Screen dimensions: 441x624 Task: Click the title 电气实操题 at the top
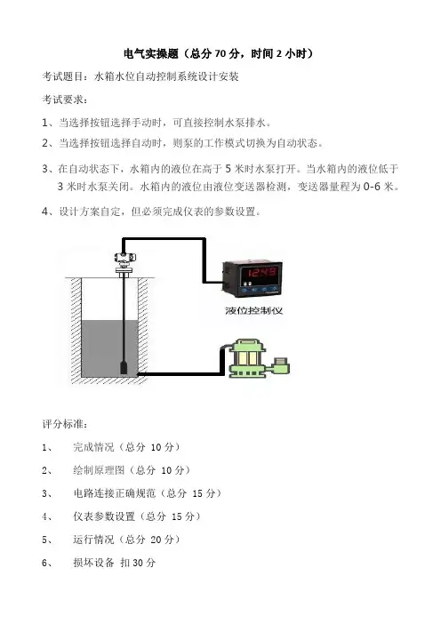151,53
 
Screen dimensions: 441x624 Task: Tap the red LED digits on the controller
261,273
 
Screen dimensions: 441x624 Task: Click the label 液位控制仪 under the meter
254,310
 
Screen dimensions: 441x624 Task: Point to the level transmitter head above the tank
124,257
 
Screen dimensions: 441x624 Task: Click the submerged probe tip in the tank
124,367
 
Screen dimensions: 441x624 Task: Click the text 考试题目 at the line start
63,76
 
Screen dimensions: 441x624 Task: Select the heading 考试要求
63,100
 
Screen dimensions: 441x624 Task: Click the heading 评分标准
63,424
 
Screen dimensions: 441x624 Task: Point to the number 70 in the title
220,53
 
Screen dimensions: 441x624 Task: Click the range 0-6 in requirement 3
372,187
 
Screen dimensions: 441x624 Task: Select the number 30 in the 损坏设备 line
138,563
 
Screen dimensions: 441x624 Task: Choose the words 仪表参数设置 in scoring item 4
104,516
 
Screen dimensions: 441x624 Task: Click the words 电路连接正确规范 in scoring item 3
115,493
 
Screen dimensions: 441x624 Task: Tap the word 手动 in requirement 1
142,123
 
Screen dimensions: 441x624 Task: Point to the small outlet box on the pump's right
281,365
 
